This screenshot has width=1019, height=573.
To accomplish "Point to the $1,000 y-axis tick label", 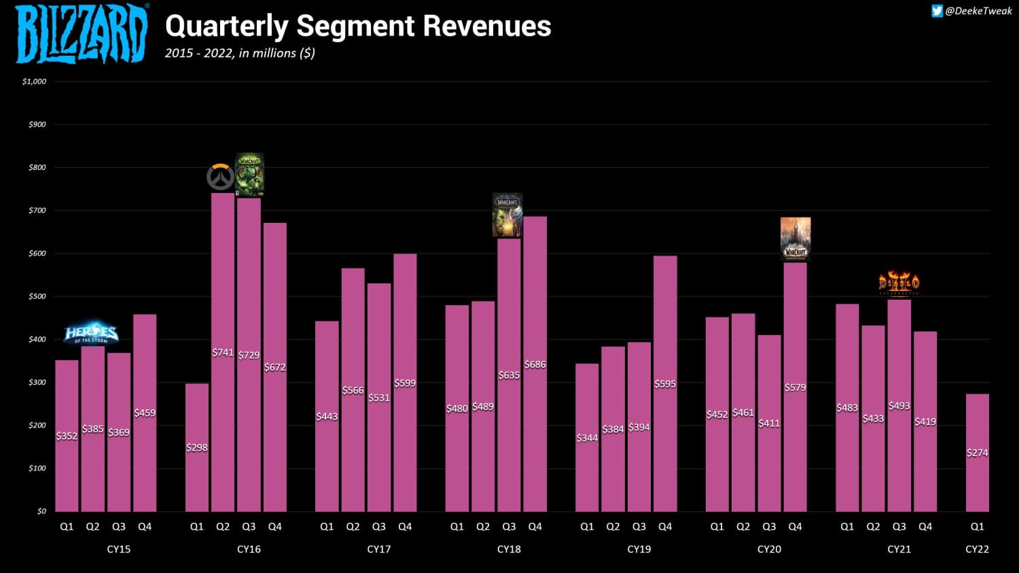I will tap(35, 82).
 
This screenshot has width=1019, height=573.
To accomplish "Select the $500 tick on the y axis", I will tap(37, 296).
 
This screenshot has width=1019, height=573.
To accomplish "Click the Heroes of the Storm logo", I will tap(91, 333).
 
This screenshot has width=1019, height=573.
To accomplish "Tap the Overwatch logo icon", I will tap(220, 177).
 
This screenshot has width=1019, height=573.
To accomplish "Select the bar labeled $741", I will tap(223, 408).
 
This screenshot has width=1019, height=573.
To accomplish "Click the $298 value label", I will tap(197, 447).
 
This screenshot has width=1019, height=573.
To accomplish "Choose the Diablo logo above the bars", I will tap(899, 283).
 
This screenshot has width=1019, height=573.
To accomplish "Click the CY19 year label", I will tap(639, 549).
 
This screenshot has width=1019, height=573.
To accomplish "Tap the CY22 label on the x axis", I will tap(977, 549).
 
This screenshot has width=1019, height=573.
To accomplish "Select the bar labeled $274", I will tap(978, 476).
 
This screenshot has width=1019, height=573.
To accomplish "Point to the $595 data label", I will tap(665, 384).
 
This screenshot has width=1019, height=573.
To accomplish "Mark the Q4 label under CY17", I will tap(405, 527).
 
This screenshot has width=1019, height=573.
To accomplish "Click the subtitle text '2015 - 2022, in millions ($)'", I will tap(240, 53).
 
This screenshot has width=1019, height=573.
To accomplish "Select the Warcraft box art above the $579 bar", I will tap(795, 238).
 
